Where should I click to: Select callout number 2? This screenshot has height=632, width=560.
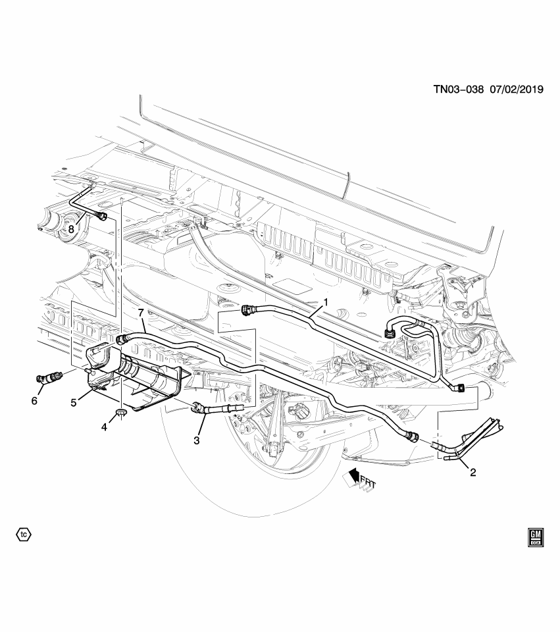(x=472, y=471)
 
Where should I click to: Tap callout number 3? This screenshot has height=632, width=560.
(x=197, y=440)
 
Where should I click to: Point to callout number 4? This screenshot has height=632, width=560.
(x=104, y=426)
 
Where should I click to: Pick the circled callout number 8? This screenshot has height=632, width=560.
(x=71, y=229)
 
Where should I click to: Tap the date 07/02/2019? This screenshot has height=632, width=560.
(x=517, y=90)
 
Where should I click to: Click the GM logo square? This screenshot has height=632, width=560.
(x=534, y=537)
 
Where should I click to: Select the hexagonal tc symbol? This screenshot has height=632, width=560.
(x=24, y=534)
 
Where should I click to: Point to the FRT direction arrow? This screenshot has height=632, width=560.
(x=359, y=479)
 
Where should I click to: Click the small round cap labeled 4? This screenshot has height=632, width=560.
(x=121, y=413)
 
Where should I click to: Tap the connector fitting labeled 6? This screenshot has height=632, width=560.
(x=49, y=379)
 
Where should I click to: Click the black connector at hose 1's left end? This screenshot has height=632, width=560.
(x=248, y=309)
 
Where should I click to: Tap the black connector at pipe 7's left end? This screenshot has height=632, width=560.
(x=122, y=340)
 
